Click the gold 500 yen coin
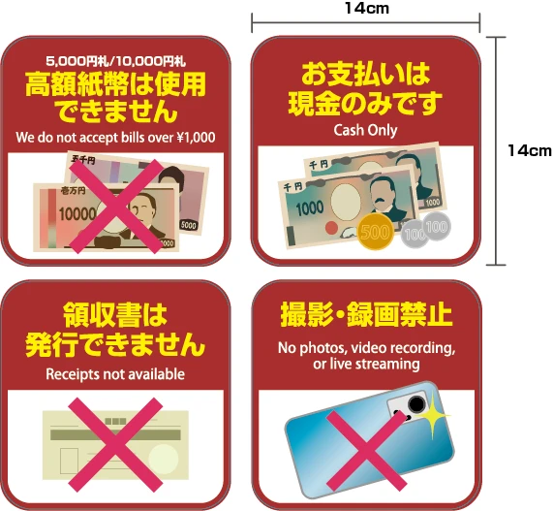[x=375, y=232]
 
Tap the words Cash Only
[x=365, y=130]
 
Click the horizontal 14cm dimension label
[x=367, y=8]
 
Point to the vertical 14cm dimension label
[x=530, y=150]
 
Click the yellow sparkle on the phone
[x=432, y=415]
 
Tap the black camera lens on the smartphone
[x=416, y=404]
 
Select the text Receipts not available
[x=115, y=374]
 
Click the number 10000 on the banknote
[x=77, y=213]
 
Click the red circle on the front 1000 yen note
[x=331, y=229]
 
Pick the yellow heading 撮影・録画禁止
[x=366, y=314]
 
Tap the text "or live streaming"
[x=366, y=364]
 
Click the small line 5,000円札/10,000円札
[x=115, y=61]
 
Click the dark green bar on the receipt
[x=115, y=434]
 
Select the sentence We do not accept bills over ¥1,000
[x=115, y=138]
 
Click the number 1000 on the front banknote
[x=310, y=208]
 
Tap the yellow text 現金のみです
[x=365, y=103]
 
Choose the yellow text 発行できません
[x=115, y=344]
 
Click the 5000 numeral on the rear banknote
[x=188, y=225]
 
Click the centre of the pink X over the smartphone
[x=366, y=451]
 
